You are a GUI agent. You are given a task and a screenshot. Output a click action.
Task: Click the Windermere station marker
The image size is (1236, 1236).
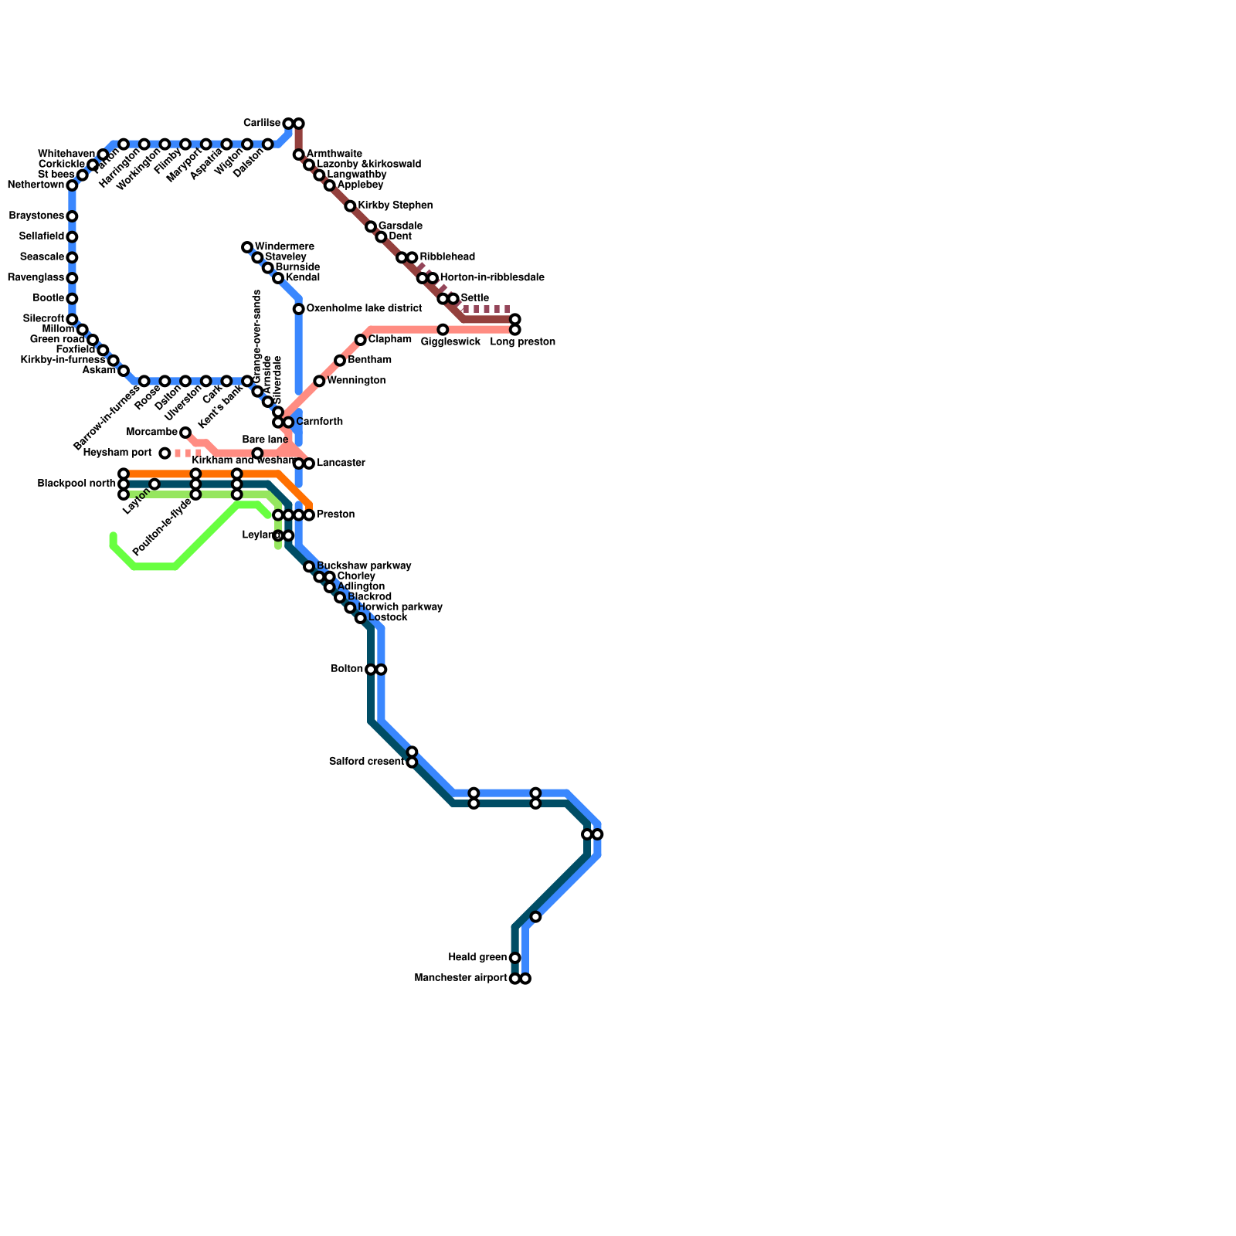(x=247, y=247)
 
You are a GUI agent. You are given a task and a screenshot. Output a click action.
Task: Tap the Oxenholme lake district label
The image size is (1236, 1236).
(x=363, y=309)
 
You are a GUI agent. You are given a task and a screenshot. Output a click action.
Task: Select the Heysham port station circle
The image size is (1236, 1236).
(x=165, y=453)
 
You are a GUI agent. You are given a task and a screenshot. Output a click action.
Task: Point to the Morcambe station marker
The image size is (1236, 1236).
(x=185, y=433)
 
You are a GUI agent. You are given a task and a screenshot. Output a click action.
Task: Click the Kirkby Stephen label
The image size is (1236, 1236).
(x=395, y=206)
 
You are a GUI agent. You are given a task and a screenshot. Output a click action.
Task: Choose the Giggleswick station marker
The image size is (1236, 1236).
(x=443, y=330)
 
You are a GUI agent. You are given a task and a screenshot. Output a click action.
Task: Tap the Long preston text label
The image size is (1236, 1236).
(x=522, y=342)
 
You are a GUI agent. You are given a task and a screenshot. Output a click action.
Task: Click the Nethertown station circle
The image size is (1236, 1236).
(x=72, y=185)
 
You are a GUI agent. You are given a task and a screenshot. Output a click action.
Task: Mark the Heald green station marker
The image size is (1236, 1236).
(x=515, y=958)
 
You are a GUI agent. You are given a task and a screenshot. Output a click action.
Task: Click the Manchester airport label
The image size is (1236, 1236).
(x=460, y=979)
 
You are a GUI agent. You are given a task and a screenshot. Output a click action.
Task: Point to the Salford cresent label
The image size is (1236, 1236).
(x=366, y=762)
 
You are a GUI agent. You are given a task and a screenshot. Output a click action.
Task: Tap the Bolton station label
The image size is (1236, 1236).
(x=347, y=669)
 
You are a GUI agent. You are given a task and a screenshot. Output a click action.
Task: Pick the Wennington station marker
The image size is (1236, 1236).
(x=319, y=381)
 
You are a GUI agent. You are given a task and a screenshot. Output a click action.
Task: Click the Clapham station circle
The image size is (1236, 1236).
(x=361, y=340)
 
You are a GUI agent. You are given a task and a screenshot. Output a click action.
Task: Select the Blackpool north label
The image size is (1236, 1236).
(x=76, y=484)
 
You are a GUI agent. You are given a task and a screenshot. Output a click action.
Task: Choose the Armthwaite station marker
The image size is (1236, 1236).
(x=299, y=155)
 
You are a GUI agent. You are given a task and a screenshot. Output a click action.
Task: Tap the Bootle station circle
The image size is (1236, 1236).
(x=72, y=299)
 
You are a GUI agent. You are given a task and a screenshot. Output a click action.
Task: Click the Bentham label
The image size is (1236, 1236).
(x=369, y=361)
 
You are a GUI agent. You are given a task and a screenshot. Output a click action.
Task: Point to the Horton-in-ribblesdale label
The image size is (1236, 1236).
(x=492, y=278)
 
